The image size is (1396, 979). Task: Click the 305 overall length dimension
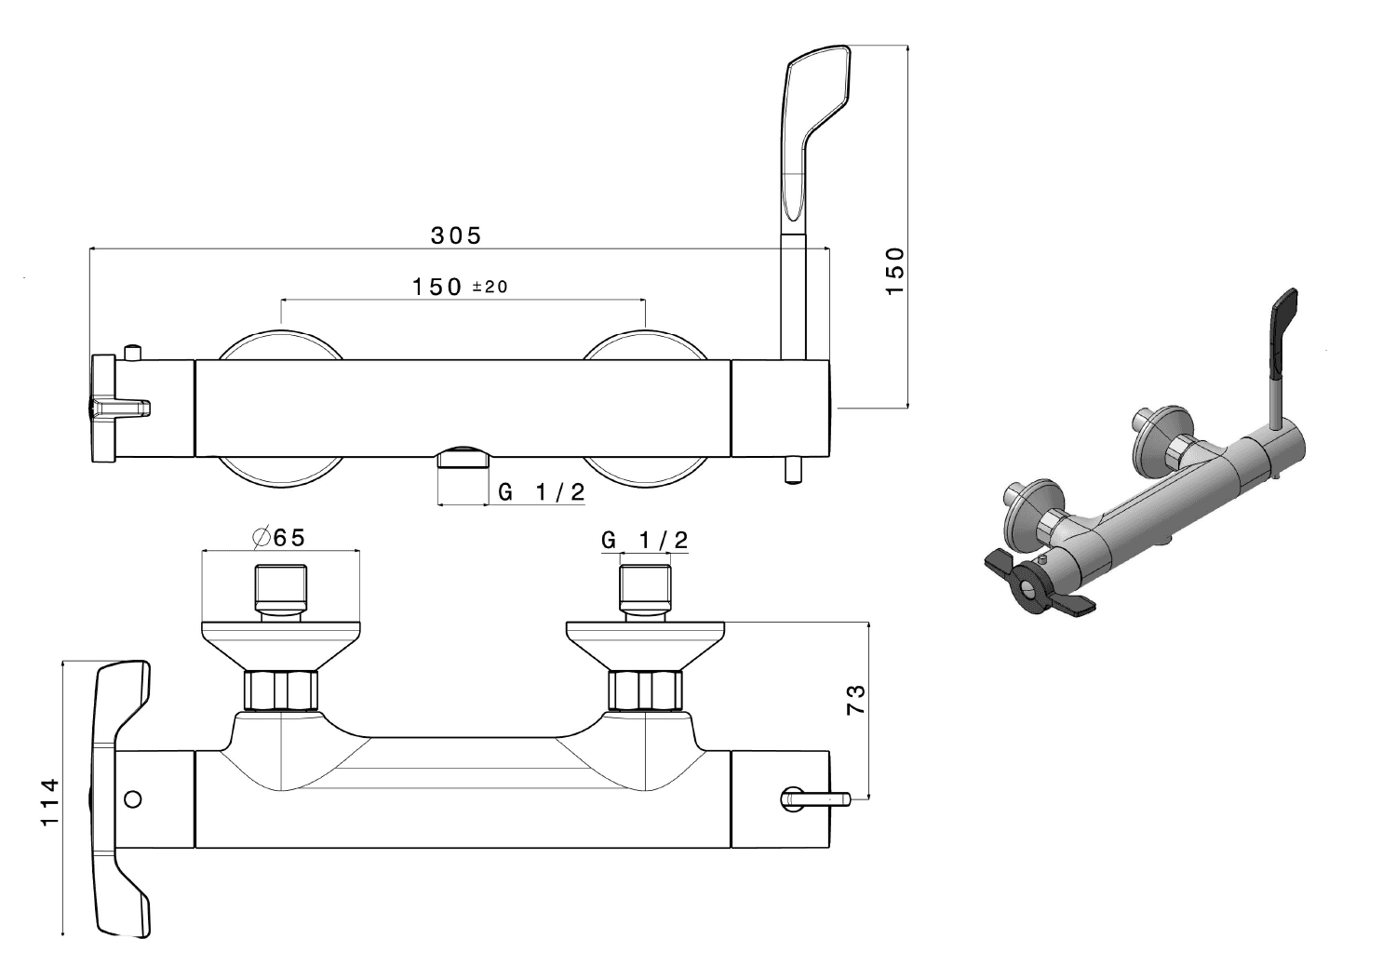(x=456, y=235)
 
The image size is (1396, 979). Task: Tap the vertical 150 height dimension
(x=894, y=271)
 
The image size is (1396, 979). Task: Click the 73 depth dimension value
(x=856, y=699)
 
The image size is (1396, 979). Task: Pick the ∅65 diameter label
(x=279, y=538)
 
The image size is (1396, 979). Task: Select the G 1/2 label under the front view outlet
(x=542, y=492)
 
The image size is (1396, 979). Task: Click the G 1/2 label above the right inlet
(x=645, y=540)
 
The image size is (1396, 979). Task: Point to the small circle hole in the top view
(x=133, y=798)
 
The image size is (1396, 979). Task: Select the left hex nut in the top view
(x=280, y=691)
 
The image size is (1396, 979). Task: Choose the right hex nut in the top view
(x=645, y=691)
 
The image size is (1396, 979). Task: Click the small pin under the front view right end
(x=793, y=470)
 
